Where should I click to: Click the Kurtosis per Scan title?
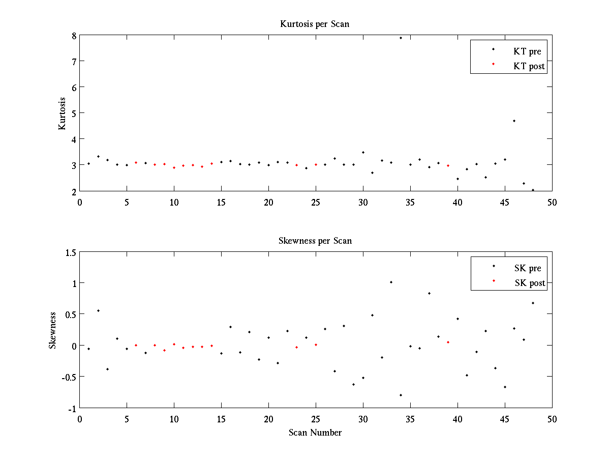(x=315, y=24)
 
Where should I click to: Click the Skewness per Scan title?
(x=315, y=241)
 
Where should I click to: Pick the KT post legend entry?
(x=529, y=66)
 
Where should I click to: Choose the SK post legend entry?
(x=530, y=283)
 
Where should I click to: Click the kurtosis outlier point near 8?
(x=401, y=38)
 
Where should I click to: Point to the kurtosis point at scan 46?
(x=514, y=121)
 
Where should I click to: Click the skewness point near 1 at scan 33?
(x=391, y=282)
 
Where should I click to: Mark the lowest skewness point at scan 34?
(x=401, y=395)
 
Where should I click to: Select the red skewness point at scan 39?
(x=448, y=342)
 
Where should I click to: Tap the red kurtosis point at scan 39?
(x=448, y=165)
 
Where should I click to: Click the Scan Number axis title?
(x=315, y=433)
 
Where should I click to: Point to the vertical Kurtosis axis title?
(x=62, y=113)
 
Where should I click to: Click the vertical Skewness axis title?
(x=52, y=330)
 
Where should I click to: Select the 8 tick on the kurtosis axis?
(x=74, y=36)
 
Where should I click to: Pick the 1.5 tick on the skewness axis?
(x=70, y=252)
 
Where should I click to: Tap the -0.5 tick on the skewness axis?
(x=69, y=377)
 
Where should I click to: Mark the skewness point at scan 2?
(x=98, y=310)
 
